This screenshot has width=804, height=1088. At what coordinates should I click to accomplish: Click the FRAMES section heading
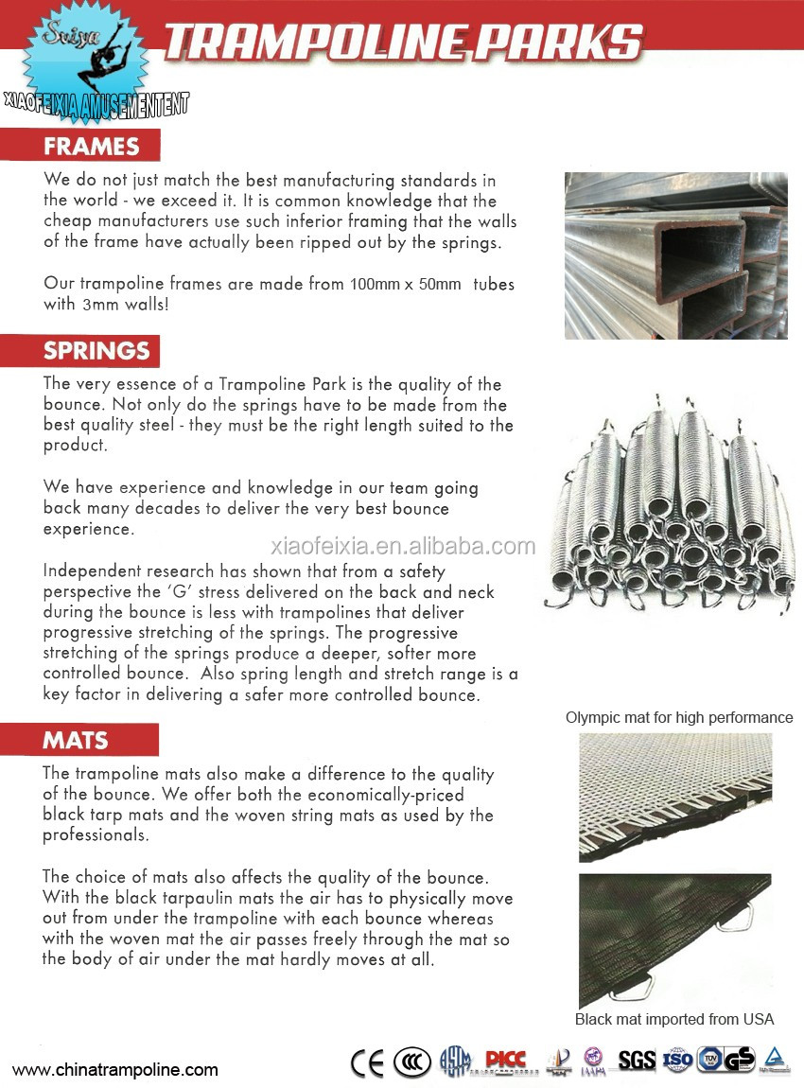[91, 147]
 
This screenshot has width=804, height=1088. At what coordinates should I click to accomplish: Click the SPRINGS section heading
[96, 350]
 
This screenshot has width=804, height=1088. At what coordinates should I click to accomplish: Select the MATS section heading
[77, 740]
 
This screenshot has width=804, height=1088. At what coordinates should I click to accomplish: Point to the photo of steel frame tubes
[675, 255]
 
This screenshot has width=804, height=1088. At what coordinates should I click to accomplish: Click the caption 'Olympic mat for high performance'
[679, 717]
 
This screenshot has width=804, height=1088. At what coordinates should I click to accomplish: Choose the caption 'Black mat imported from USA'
[674, 1019]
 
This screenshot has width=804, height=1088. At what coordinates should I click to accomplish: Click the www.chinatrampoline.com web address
[114, 1070]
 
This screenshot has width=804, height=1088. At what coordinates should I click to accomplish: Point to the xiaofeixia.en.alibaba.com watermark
[403, 546]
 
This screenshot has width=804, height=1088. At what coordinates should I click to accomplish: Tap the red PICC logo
[505, 1061]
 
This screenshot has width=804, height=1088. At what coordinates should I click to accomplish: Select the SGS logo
[637, 1061]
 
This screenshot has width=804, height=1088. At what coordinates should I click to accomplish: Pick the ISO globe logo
[677, 1061]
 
